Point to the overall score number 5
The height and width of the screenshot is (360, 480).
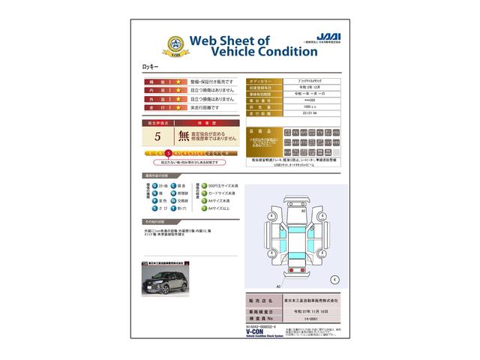[157, 136]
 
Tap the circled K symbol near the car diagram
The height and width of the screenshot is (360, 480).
[334, 279]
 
